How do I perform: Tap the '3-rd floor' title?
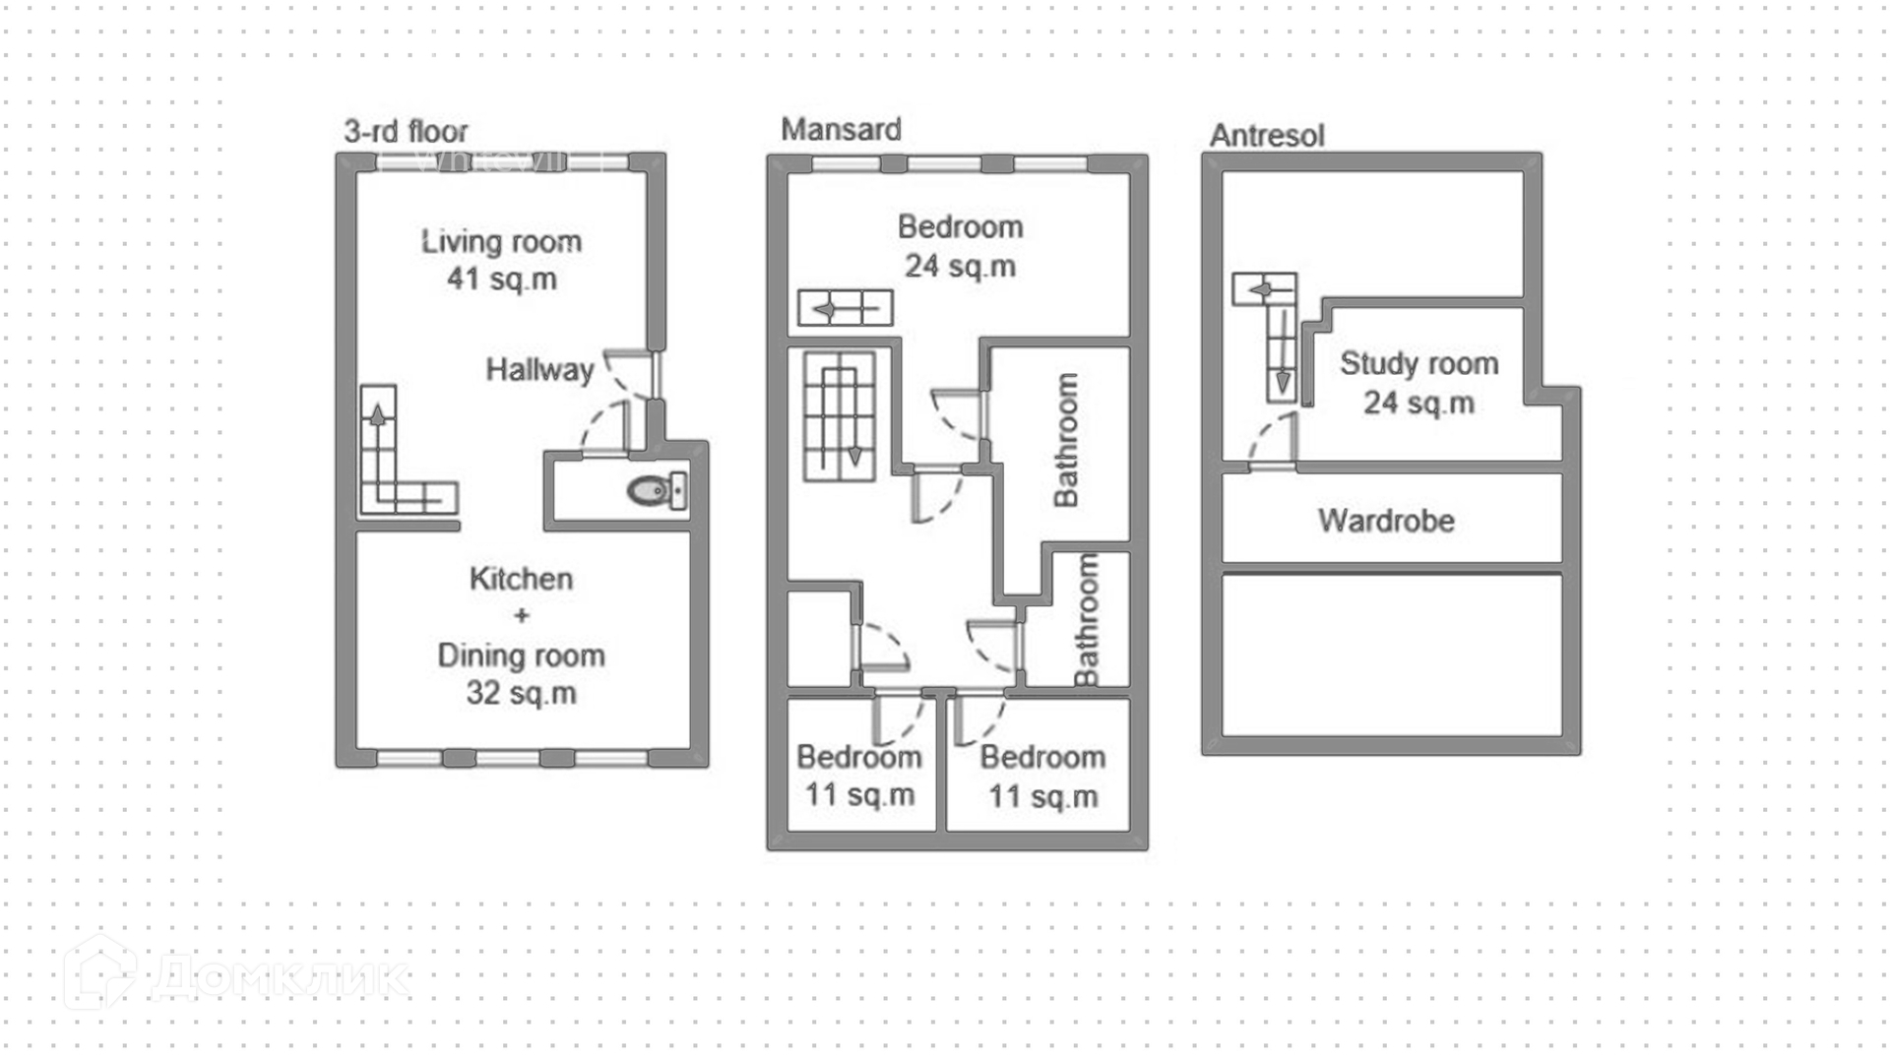(x=406, y=131)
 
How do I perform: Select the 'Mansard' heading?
(x=841, y=129)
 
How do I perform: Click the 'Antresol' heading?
(x=1267, y=135)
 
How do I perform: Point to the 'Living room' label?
(x=501, y=241)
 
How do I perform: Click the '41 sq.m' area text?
(x=501, y=279)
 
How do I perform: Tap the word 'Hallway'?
(x=539, y=370)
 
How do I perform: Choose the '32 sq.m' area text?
(x=521, y=693)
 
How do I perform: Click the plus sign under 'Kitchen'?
(x=521, y=616)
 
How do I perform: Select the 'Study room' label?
(x=1418, y=363)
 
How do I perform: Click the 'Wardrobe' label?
(x=1386, y=521)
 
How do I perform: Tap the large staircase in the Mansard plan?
(x=840, y=416)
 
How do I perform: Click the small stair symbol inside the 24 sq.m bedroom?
(x=845, y=308)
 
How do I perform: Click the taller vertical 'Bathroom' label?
(x=1065, y=439)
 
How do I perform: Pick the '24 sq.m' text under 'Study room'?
(x=1418, y=403)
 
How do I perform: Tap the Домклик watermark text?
(x=281, y=976)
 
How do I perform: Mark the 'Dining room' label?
(x=521, y=655)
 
